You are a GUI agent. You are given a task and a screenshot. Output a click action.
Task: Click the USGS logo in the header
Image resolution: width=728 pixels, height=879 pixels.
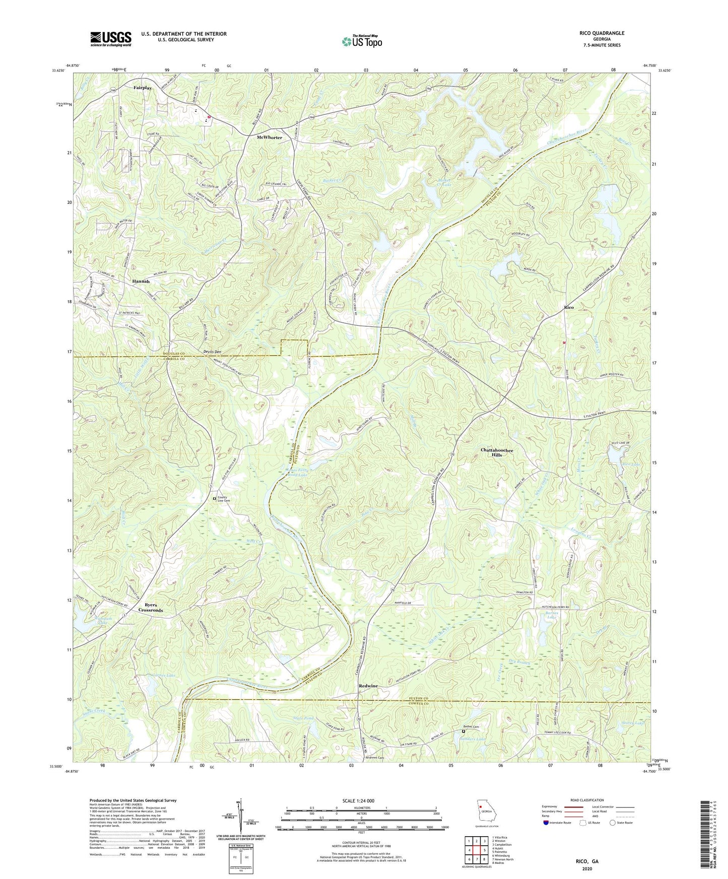point(110,39)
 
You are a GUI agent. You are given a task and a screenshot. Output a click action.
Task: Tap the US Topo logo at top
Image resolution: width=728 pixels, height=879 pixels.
point(361,41)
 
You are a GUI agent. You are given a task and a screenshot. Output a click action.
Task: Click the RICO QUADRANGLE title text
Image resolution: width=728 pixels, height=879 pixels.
point(602,33)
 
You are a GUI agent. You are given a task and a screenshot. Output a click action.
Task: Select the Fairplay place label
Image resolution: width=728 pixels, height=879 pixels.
point(143,88)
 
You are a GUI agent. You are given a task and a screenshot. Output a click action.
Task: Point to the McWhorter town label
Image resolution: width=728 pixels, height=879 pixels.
point(270,137)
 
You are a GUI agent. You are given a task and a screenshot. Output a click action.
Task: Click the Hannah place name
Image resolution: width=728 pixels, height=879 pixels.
point(141,281)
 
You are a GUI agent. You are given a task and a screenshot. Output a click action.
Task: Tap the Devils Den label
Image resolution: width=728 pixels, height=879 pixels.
point(212,351)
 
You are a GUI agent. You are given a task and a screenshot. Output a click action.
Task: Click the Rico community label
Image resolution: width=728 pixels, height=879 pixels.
point(568,307)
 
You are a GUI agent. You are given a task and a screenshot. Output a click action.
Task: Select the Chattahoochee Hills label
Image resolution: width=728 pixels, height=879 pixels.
point(497,452)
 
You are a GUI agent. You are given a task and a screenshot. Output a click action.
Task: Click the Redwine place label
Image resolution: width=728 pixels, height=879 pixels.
point(368,686)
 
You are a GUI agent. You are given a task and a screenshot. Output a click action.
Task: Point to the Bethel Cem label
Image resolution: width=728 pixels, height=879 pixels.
point(472,727)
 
